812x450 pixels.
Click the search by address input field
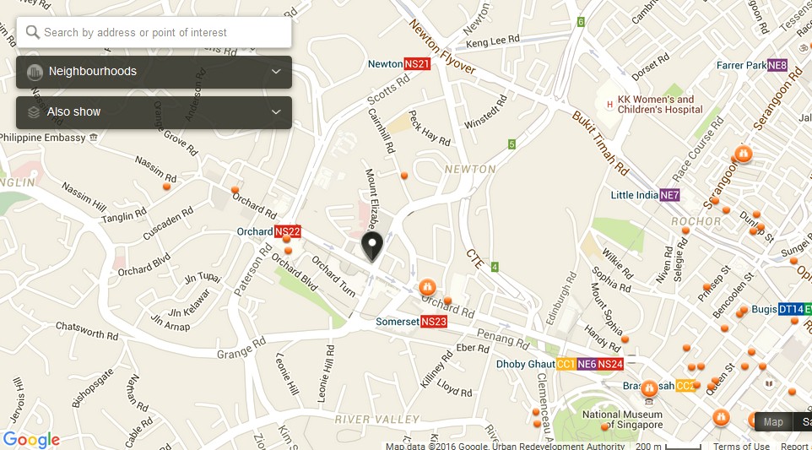pos(160,33)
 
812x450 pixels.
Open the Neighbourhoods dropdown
pos(154,72)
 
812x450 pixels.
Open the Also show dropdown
pos(154,112)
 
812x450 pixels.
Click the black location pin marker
pos(372,247)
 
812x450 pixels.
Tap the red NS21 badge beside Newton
pos(417,64)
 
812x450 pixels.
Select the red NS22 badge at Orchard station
pos(288,231)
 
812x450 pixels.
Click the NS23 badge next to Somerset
pos(434,322)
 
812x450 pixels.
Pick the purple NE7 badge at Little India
pos(669,196)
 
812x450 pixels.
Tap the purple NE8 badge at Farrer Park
pos(777,65)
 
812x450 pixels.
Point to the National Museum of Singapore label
pos(622,420)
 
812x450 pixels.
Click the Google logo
pos(31,440)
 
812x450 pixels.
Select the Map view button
pos(773,422)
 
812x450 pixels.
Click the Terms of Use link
pos(741,446)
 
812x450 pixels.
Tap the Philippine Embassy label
pos(42,137)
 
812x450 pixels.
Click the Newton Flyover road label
pos(442,47)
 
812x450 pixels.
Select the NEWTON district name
pos(470,169)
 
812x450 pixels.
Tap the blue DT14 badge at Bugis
pos(790,310)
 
